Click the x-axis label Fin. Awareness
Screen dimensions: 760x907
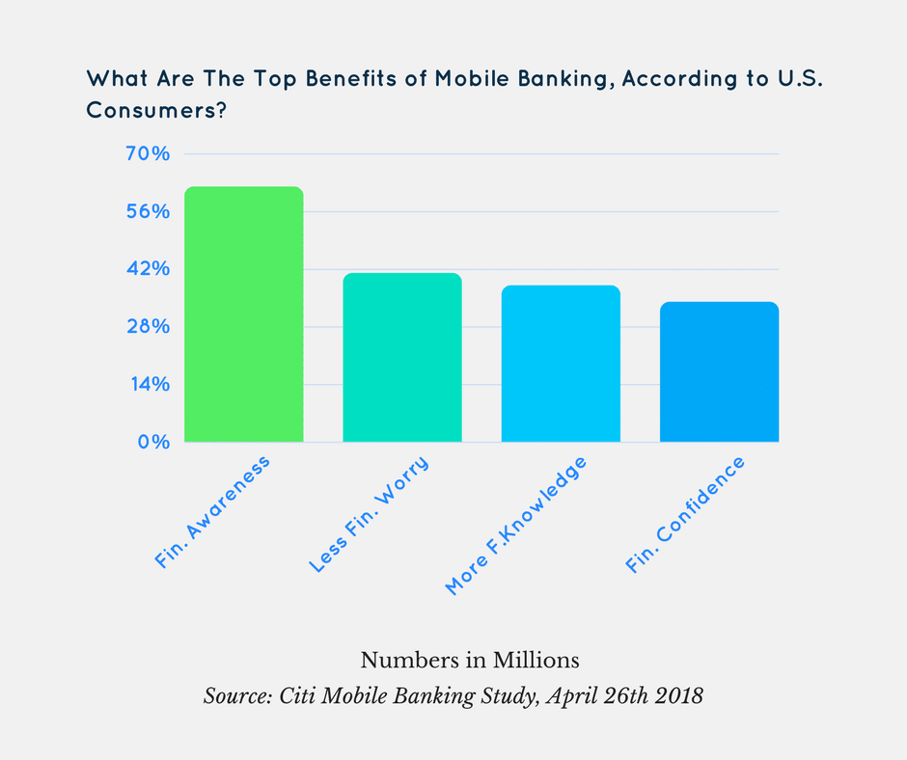pyautogui.click(x=213, y=512)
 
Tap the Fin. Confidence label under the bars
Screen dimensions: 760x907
pyautogui.click(x=686, y=516)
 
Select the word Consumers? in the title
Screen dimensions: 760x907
pyautogui.click(x=157, y=111)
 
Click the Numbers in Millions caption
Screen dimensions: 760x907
pyautogui.click(x=470, y=661)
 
